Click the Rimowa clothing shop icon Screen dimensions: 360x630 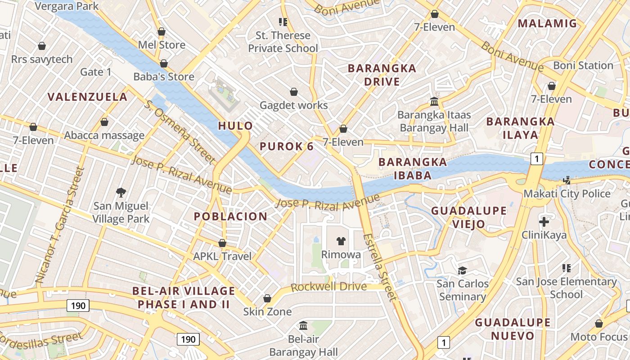tap(341, 241)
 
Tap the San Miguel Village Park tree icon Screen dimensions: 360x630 tap(121, 193)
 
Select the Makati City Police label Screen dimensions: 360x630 tap(567, 194)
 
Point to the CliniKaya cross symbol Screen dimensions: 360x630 tap(544, 221)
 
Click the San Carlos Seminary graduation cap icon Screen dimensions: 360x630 tap(462, 270)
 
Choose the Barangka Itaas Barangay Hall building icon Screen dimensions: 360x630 tap(434, 101)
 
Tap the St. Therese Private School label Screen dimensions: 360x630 tap(283, 42)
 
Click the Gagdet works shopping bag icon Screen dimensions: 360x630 tap(294, 92)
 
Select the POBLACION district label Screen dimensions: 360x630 tap(230, 216)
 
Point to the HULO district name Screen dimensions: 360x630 tap(235, 126)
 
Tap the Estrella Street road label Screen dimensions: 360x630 tap(381, 267)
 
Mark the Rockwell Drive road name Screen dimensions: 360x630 tap(328, 287)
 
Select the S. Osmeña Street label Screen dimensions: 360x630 tap(180, 132)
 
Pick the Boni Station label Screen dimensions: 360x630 tap(583, 66)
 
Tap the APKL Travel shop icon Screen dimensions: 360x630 tap(222, 243)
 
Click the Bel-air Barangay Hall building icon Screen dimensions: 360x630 tap(303, 325)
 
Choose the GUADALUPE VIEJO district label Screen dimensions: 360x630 tap(468, 217)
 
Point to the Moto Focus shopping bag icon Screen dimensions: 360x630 tap(598, 324)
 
